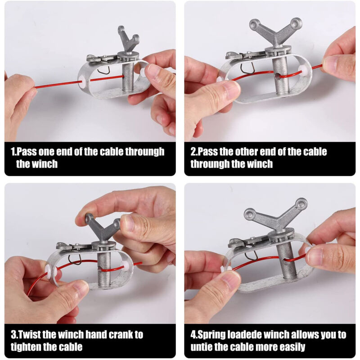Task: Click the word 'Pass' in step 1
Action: pyautogui.click(x=27, y=152)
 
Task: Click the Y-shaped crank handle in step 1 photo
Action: pyautogui.click(x=128, y=40)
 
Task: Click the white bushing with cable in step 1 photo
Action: pyautogui.click(x=82, y=81)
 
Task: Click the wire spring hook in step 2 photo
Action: pyautogui.click(x=247, y=68)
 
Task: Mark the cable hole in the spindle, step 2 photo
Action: pyautogui.click(x=277, y=76)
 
